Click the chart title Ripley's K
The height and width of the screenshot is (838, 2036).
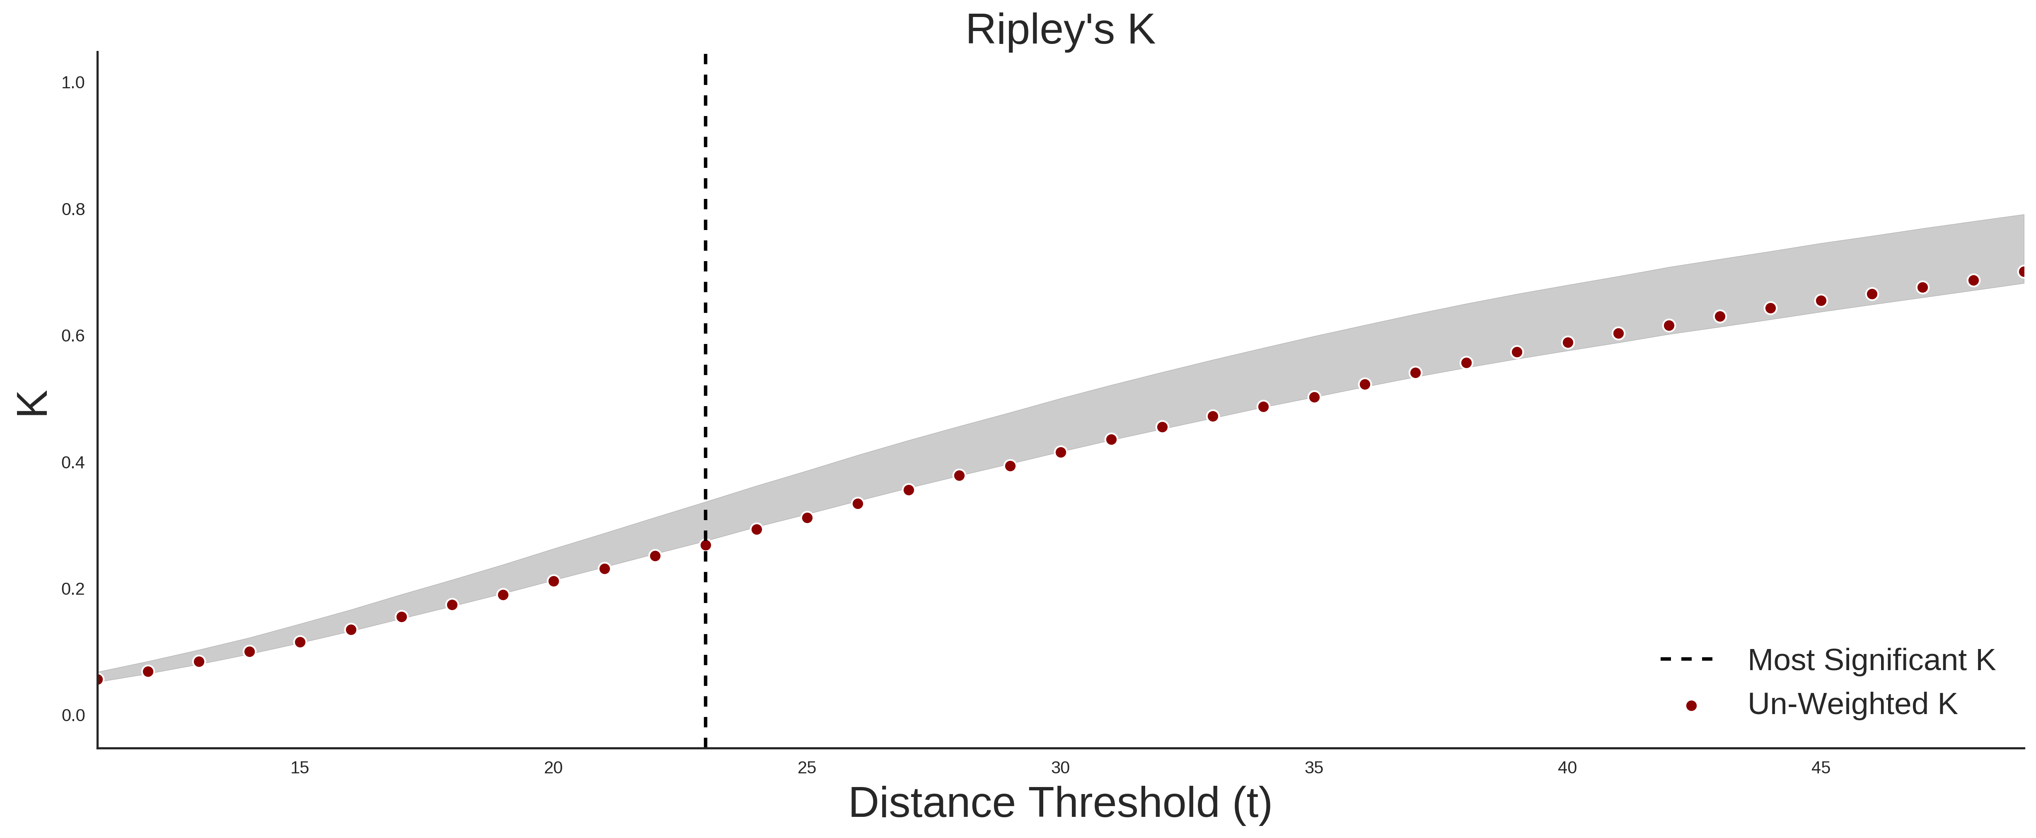point(1060,30)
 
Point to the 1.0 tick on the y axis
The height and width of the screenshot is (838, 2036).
point(73,83)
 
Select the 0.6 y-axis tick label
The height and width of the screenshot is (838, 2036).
point(73,336)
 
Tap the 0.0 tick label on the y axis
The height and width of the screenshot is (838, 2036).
point(73,715)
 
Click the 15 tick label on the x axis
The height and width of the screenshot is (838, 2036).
point(300,768)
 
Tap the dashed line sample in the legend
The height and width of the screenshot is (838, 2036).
point(1687,659)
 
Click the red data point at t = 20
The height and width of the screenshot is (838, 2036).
point(553,581)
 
